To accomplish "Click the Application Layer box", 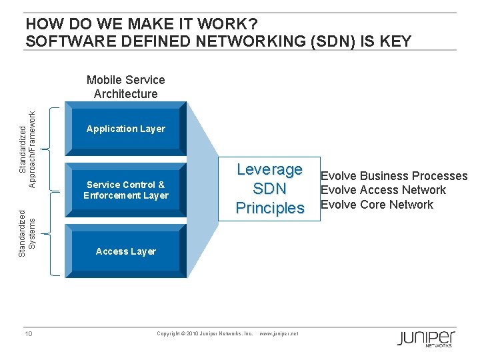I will click(125, 129).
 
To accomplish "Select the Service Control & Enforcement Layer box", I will click(125, 190).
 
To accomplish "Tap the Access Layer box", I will click(125, 251).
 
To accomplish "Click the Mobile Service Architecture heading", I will click(125, 87).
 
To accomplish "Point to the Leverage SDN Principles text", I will click(270, 189).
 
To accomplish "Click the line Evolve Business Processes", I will click(394, 176).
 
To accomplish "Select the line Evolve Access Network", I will click(383, 190).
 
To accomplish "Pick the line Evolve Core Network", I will click(377, 205).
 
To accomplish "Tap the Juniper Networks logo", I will click(426, 338).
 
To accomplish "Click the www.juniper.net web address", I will click(278, 333).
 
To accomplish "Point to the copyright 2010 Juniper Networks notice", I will click(205, 333).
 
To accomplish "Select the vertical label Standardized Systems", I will click(27, 233).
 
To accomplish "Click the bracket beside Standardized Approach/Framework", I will click(54, 147).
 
